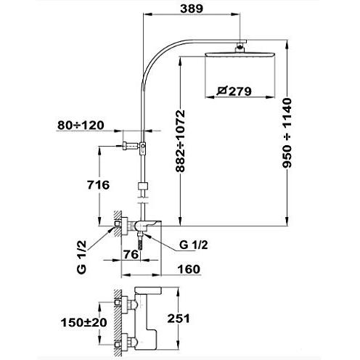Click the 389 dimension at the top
pyautogui.click(x=192, y=9)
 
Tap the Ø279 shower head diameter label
pyautogui.click(x=234, y=91)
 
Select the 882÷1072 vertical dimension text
pyautogui.click(x=181, y=141)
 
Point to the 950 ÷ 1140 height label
pyautogui.click(x=287, y=133)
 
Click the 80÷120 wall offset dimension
pyautogui.click(x=81, y=125)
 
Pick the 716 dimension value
pyautogui.click(x=98, y=185)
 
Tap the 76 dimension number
pyautogui.click(x=131, y=254)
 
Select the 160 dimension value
pyautogui.click(x=189, y=269)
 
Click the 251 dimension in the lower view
pyautogui.click(x=179, y=319)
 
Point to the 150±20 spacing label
pyautogui.click(x=83, y=322)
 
